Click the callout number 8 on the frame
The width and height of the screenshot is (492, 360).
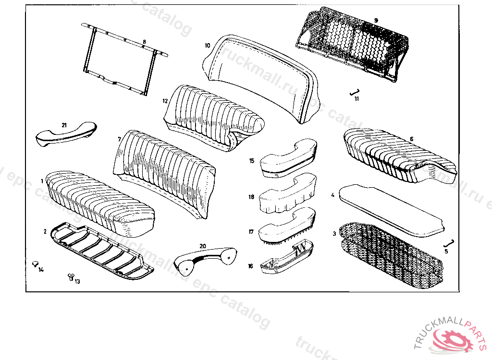tap(144, 42)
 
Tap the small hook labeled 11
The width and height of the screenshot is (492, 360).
tap(354, 92)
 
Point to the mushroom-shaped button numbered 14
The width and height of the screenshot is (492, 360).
tap(35, 263)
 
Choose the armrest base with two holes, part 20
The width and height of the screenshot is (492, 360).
tap(206, 258)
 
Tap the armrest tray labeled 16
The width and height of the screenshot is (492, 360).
tap(286, 259)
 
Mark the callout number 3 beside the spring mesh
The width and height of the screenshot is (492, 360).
tap(334, 234)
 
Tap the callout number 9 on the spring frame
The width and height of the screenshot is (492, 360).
tap(376, 20)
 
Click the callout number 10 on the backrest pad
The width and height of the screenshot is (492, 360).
tap(207, 46)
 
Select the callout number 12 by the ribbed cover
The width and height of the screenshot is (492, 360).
tap(165, 101)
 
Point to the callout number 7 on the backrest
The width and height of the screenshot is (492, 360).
tap(119, 139)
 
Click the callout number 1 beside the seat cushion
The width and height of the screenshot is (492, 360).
tap(42, 181)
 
